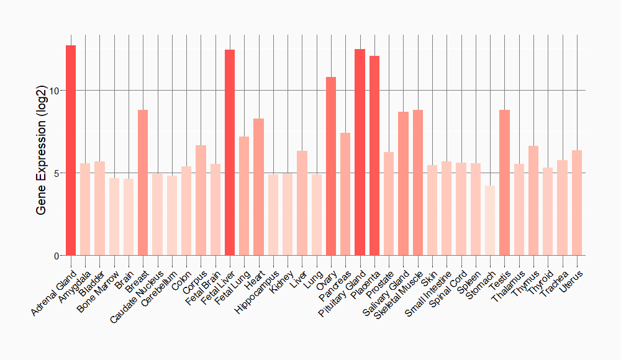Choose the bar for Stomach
(490, 220)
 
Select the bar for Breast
(143, 182)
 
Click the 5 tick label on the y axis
(57, 173)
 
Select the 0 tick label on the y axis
(57, 256)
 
